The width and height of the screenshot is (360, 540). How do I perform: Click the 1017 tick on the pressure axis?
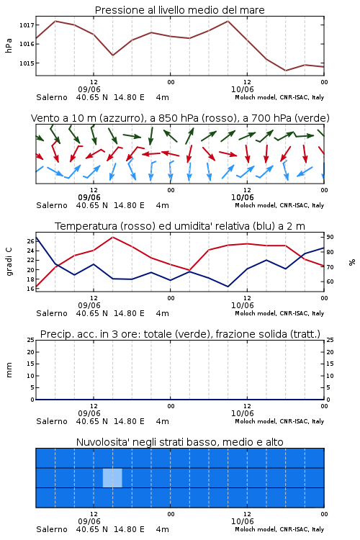[27, 25]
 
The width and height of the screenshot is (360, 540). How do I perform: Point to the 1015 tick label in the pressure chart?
[27, 63]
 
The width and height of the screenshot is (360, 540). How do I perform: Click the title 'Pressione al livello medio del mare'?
[179, 10]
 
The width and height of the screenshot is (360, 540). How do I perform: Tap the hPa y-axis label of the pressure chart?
[9, 45]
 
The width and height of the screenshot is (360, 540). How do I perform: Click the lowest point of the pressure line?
[286, 71]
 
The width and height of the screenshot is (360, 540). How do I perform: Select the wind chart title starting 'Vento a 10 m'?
[180, 118]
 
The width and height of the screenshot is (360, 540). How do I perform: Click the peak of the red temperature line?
[113, 237]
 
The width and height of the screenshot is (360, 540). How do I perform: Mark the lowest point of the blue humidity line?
[228, 287]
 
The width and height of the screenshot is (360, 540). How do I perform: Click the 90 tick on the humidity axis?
[330, 237]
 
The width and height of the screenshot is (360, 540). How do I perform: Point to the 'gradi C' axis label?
[9, 261]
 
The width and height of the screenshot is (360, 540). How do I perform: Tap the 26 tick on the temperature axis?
[30, 241]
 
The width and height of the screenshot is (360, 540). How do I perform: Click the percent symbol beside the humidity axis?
[352, 262]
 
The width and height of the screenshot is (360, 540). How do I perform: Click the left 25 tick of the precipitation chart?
[30, 340]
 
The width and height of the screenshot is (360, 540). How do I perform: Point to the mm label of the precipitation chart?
[9, 370]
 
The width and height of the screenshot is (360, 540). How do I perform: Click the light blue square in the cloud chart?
[112, 477]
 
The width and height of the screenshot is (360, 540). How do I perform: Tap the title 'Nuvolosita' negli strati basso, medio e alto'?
[179, 442]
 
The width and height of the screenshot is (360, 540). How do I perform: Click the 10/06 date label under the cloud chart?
[243, 521]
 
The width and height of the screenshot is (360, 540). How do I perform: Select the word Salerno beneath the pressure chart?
[52, 97]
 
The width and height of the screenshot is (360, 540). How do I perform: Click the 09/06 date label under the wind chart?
[89, 197]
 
